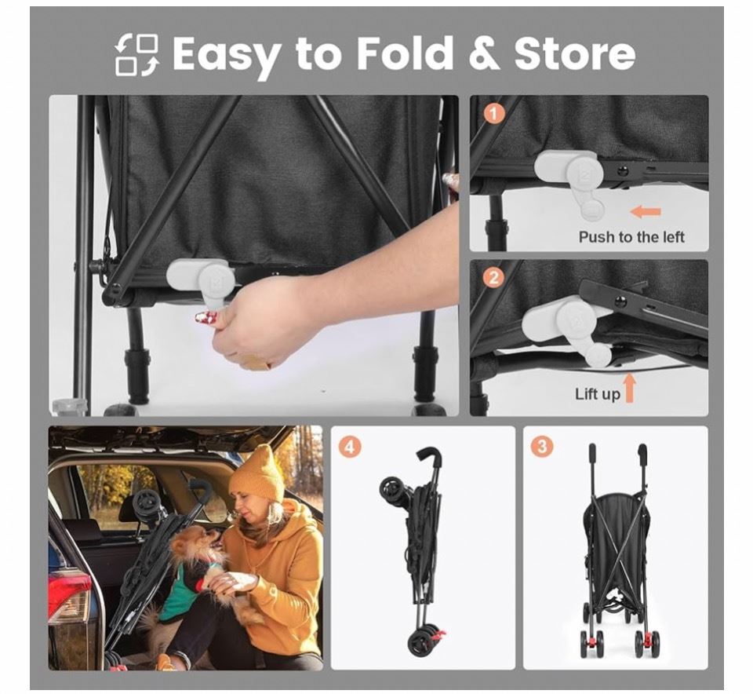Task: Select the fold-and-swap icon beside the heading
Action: [136, 54]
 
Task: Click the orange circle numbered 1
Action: [494, 114]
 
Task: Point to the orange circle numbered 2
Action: [493, 278]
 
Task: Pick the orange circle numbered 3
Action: [543, 446]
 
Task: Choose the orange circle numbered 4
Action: [350, 447]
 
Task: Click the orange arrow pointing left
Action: [646, 211]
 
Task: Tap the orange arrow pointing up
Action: [630, 389]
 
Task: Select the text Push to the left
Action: [631, 237]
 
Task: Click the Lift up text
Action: [598, 394]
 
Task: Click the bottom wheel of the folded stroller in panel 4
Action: [419, 641]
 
